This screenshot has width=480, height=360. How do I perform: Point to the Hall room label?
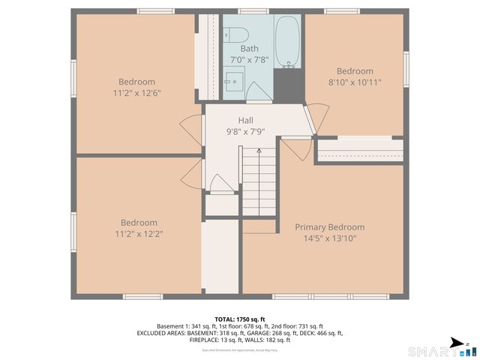(245, 120)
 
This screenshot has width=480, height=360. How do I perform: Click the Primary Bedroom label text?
(329, 227)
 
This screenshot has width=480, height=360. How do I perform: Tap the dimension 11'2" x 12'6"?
(136, 93)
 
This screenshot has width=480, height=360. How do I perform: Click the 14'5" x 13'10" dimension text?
(329, 238)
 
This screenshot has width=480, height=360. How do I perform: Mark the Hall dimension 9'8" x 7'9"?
(245, 131)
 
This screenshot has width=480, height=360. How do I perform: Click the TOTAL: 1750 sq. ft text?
(239, 319)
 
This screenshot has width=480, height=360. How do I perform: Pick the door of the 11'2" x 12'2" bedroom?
(193, 174)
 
